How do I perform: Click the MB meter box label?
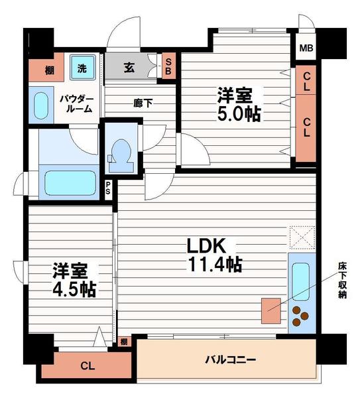306,48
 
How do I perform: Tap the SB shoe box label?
168,66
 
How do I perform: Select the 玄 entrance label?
129,67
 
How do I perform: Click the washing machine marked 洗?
82,68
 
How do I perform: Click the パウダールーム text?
77,104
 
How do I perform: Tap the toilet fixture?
121,156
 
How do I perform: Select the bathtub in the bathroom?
69,183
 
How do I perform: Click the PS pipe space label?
108,188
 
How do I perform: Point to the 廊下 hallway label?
143,103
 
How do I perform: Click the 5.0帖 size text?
239,114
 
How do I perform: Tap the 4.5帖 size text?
74,290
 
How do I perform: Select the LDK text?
206,245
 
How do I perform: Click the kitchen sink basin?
300,281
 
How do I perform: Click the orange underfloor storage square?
271,311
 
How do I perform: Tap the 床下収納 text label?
343,280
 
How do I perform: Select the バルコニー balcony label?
231,360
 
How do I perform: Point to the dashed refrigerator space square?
302,237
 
